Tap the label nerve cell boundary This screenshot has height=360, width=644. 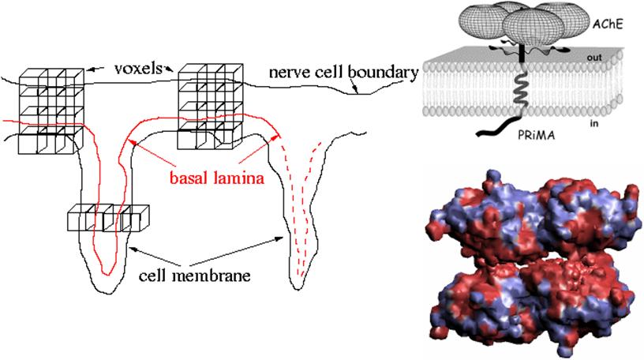coord(343,73)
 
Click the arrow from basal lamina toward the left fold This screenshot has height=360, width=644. coord(150,152)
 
